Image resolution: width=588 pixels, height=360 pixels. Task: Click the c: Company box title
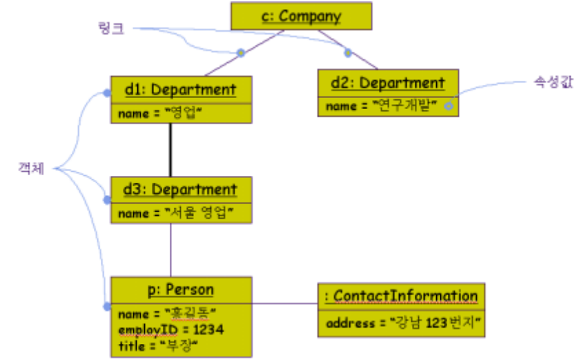click(x=301, y=16)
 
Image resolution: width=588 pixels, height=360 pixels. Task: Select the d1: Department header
click(x=180, y=89)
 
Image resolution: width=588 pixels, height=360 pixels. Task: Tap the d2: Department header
click(x=388, y=83)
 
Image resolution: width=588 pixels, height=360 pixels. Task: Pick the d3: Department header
click(x=180, y=189)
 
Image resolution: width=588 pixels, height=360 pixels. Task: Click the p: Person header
click(x=180, y=290)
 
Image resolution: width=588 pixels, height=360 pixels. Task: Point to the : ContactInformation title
click(x=401, y=296)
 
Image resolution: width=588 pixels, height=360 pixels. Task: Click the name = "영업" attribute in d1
click(x=162, y=113)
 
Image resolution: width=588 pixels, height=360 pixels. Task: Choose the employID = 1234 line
click(x=170, y=330)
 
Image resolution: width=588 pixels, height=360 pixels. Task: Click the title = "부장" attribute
click(x=158, y=343)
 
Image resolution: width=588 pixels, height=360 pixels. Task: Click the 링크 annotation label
click(x=111, y=29)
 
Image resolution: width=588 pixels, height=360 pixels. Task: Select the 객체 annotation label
click(x=31, y=169)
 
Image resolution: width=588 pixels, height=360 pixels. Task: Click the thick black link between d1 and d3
click(x=170, y=150)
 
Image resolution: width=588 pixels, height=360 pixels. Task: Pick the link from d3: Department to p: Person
click(x=170, y=250)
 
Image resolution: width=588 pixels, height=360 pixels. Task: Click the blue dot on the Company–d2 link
click(x=348, y=52)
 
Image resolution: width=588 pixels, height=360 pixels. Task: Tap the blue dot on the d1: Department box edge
click(x=107, y=92)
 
